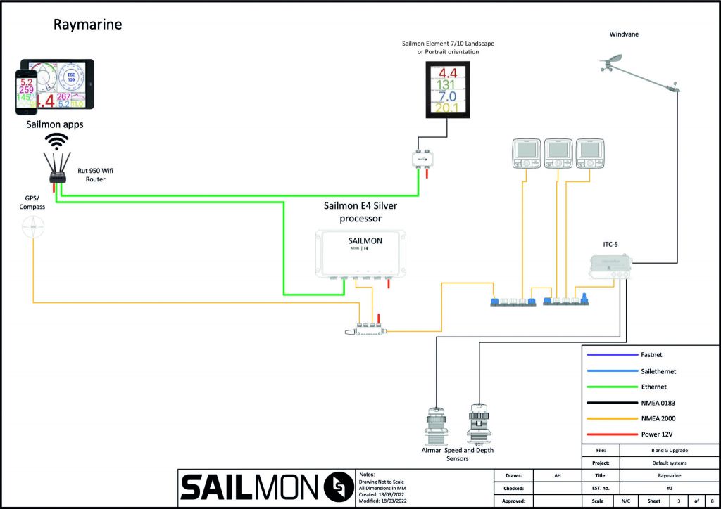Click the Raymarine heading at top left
tap(88, 25)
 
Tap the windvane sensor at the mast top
tap(613, 67)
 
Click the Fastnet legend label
tap(653, 356)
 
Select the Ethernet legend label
tap(654, 386)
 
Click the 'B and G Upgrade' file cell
tap(669, 450)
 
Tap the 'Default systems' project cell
tap(669, 463)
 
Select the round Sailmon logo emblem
tap(339, 488)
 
